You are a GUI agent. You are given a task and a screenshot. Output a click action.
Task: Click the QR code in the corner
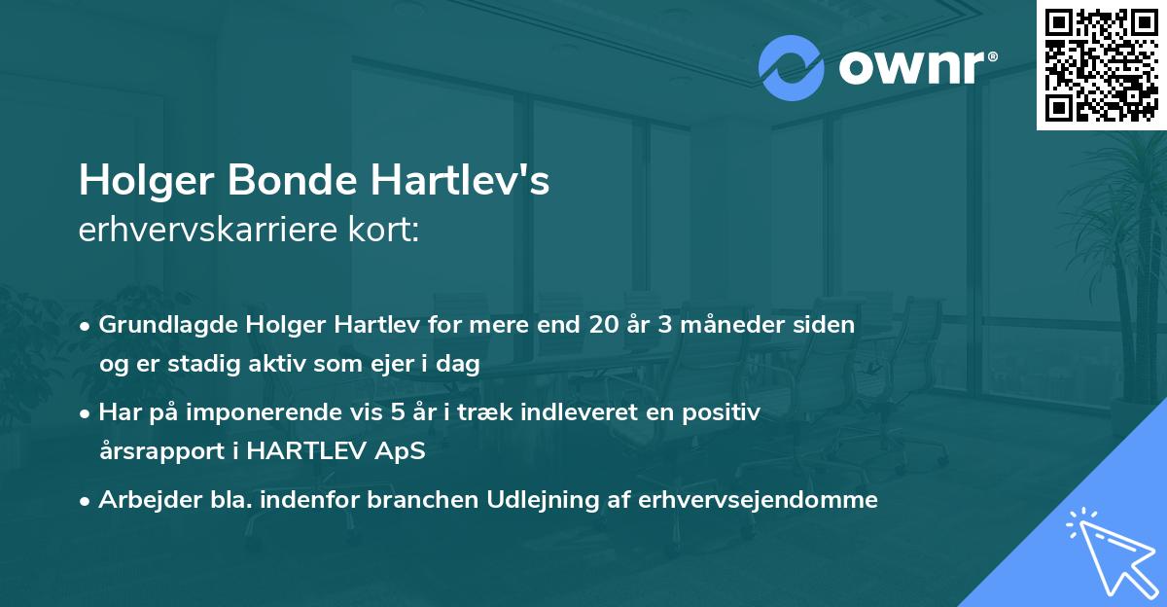pyautogui.click(x=1102, y=64)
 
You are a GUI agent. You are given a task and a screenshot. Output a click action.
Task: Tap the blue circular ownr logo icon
pyautogui.click(x=792, y=66)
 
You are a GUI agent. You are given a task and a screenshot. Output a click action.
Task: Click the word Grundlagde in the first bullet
pyautogui.click(x=159, y=325)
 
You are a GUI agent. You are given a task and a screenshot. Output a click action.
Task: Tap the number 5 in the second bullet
pyautogui.click(x=397, y=412)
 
